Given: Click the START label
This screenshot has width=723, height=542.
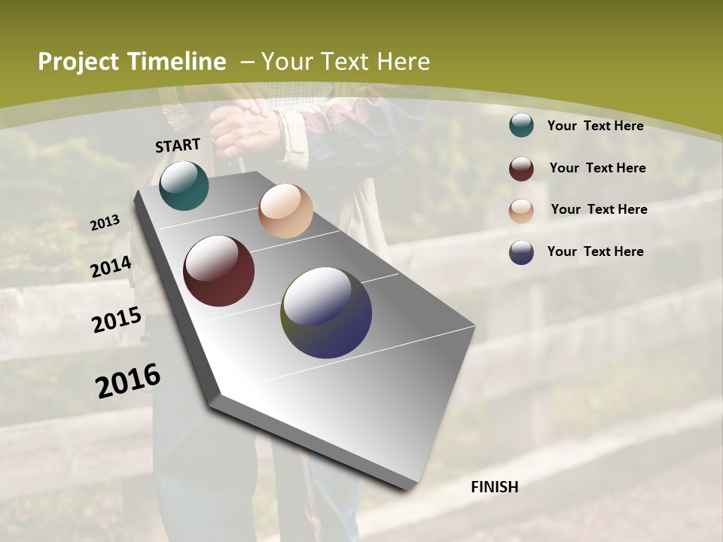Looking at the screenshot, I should [178, 145].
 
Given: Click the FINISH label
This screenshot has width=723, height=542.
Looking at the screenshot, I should [495, 487].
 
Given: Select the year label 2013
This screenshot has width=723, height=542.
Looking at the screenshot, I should [105, 223].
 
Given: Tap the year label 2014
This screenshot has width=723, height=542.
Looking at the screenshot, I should [111, 266].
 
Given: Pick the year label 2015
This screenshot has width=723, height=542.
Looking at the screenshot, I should [117, 320].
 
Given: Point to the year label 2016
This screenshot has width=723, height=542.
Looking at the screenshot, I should [129, 381].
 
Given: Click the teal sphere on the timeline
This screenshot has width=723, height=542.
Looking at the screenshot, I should [184, 185].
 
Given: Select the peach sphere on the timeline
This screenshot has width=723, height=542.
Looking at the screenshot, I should [285, 211].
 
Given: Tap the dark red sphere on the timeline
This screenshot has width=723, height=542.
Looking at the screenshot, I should [218, 271].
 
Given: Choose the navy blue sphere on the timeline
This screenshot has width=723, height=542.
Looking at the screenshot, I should [326, 312].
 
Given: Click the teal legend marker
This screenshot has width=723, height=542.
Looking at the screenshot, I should [521, 126].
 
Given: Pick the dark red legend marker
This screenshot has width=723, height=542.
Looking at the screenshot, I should [521, 169].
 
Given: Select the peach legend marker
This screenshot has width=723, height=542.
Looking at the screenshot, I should [521, 211].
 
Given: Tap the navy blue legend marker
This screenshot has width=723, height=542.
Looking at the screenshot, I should [521, 252].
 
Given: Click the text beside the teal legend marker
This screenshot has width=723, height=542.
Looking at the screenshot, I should [595, 126].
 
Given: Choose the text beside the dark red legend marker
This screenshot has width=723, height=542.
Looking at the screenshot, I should [597, 168].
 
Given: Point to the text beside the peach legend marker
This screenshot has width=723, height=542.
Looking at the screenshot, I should [599, 209].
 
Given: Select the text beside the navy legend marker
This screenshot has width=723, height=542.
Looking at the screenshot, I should [595, 251].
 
